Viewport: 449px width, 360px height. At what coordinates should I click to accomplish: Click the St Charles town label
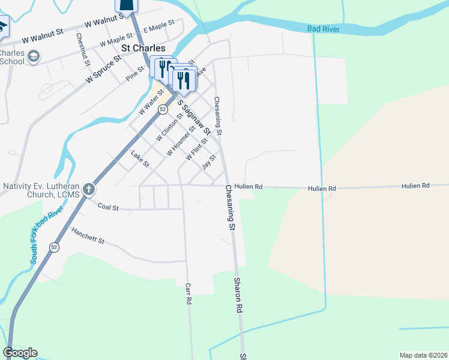(143, 48)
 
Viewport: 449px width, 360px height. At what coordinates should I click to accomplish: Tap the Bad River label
(324, 29)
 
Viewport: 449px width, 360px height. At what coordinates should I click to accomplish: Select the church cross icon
(88, 190)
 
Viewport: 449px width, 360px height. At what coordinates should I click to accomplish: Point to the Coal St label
(108, 207)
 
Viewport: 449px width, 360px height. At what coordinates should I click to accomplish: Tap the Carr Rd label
(188, 293)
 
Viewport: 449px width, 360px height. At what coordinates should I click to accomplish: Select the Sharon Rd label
(238, 295)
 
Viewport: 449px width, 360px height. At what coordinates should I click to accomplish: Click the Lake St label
(139, 159)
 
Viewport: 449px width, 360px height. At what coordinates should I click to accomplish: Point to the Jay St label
(208, 161)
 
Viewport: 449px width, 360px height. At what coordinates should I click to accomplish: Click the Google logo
(20, 353)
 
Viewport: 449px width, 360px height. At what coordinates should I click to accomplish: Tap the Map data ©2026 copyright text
(423, 355)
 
